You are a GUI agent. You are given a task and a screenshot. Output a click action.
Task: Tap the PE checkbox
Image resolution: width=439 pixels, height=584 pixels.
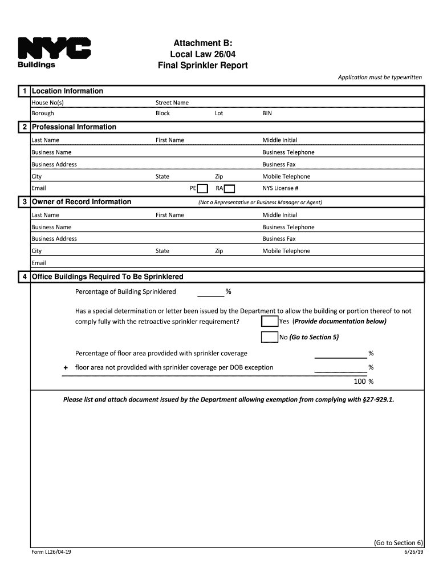point(202,189)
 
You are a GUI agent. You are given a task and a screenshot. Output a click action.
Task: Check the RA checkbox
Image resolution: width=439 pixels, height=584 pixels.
point(229,189)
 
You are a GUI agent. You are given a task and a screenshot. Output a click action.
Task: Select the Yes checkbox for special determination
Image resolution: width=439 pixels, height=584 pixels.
point(269,321)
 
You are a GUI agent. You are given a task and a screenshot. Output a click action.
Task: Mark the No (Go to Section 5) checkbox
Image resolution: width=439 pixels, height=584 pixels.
point(269,337)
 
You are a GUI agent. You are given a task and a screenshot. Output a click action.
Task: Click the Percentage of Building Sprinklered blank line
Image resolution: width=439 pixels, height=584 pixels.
point(210,292)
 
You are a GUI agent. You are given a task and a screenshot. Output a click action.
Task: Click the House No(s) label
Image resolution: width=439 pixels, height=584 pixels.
point(47,103)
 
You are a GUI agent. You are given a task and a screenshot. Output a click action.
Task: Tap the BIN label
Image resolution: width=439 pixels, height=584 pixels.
point(267,113)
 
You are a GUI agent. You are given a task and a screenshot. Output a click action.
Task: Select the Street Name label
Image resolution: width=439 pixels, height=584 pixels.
point(172,103)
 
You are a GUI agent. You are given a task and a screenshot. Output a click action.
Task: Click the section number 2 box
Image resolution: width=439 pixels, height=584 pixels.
point(23,127)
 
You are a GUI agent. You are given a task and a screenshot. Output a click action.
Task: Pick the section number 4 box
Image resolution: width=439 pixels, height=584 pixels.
point(23,277)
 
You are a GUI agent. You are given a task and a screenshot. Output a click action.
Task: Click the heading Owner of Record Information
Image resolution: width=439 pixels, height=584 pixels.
point(82,202)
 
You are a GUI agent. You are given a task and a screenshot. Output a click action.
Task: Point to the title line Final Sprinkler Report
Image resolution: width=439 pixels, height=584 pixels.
point(202,66)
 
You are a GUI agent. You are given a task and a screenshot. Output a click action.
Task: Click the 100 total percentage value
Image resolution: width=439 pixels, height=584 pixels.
point(360,382)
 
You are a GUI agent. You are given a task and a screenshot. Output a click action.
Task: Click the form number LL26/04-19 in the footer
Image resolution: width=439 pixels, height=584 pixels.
point(51,553)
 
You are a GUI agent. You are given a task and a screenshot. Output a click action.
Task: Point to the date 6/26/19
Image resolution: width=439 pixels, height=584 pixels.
point(414,553)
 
